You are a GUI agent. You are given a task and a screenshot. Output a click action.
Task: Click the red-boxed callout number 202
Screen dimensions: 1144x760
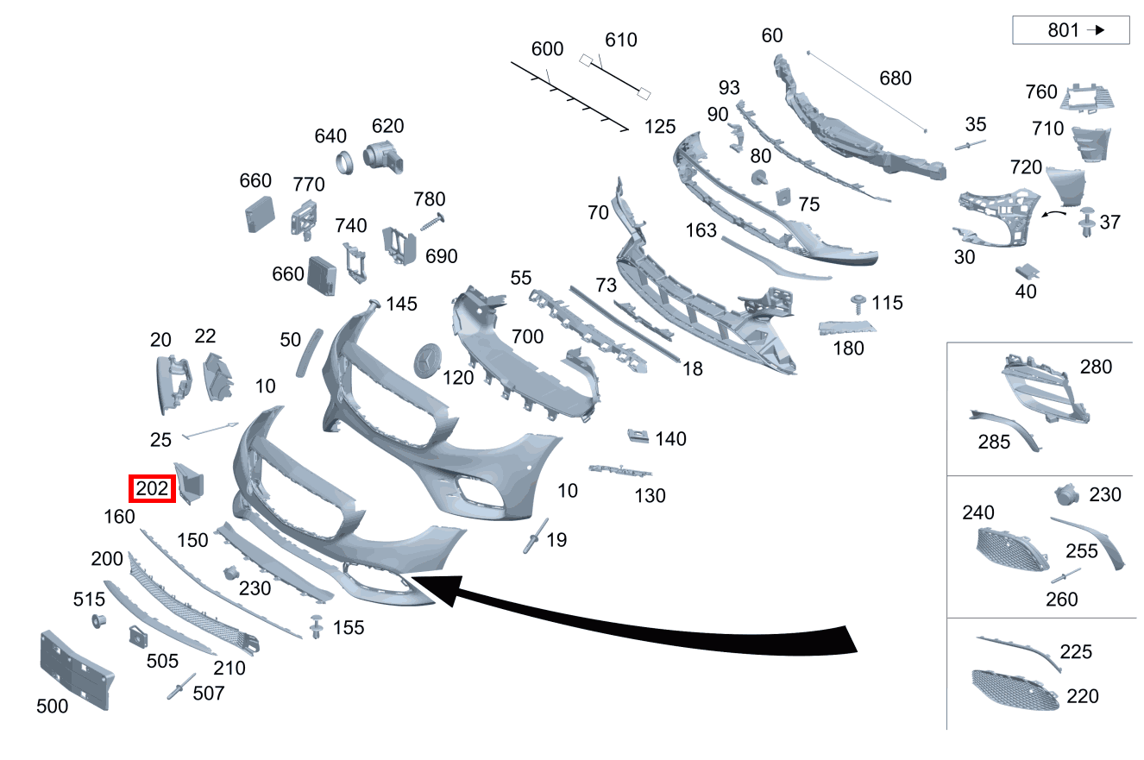(x=152, y=489)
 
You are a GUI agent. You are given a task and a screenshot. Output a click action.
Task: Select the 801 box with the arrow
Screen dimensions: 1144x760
(x=1071, y=30)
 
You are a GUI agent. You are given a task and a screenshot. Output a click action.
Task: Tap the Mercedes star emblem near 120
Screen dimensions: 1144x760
(x=427, y=361)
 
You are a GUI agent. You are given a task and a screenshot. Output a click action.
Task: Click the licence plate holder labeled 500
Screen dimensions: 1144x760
(x=76, y=670)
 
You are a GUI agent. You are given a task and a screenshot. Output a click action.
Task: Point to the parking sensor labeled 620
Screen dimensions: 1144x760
(x=383, y=156)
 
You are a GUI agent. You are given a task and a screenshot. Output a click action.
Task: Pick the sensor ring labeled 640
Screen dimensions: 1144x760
(x=344, y=163)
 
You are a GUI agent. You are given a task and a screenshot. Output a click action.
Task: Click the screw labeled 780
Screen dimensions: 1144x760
(x=432, y=223)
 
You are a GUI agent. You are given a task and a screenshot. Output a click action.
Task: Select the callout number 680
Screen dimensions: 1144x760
(x=896, y=79)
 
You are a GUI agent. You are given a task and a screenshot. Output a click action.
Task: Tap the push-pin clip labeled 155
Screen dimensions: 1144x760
(x=317, y=626)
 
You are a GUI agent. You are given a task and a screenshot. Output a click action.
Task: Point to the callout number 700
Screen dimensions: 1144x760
(x=527, y=337)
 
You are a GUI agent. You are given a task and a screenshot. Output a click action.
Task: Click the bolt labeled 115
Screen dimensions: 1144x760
(x=858, y=304)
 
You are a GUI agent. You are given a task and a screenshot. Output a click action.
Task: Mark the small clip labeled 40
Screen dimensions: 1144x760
(x=1027, y=272)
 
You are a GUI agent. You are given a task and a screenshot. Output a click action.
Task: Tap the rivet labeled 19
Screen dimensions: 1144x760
(x=535, y=536)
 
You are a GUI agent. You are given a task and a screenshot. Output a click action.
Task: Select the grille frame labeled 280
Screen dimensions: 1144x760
(x=1045, y=389)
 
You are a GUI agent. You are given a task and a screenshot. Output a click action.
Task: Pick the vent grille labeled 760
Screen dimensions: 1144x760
(x=1086, y=97)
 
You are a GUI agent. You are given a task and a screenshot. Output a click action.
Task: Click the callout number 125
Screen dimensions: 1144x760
(x=660, y=127)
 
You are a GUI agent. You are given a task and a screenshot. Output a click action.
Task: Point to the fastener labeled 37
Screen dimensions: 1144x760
(x=1086, y=223)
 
